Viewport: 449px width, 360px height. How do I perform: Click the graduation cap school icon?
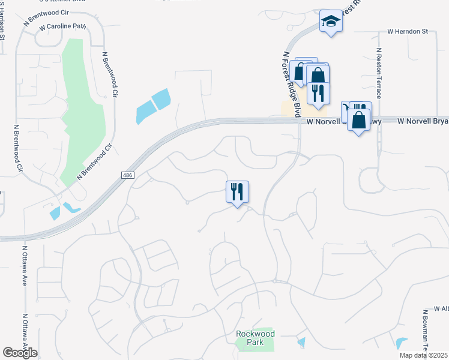330,22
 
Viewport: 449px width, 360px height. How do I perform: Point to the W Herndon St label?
408,31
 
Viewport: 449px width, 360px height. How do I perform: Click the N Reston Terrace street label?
379,74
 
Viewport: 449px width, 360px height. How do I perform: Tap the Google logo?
20,353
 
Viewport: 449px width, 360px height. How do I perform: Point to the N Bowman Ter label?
424,333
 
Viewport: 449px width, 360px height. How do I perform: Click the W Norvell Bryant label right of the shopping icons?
423,121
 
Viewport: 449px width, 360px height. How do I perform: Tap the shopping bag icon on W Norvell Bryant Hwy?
358,120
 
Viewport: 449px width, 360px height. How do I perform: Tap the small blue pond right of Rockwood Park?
301,343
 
